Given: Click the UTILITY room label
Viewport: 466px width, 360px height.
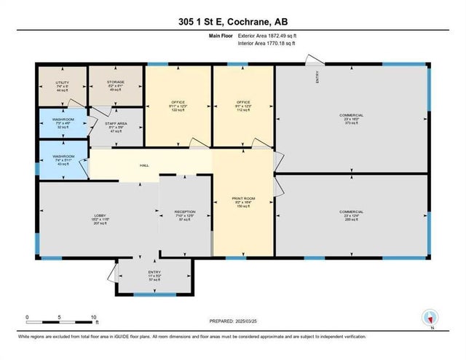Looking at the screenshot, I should click(62, 83).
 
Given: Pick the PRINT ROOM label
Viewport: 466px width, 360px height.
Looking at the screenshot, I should click(243, 197).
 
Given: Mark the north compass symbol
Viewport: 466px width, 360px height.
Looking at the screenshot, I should click(430, 317).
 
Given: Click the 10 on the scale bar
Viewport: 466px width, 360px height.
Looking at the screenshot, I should click(92, 317).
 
